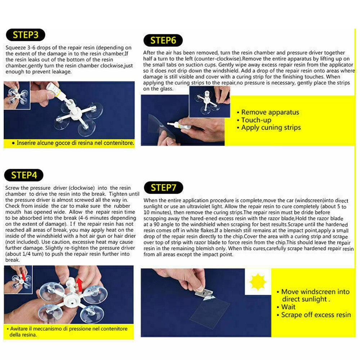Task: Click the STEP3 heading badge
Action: [25, 35]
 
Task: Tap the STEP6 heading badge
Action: [163, 40]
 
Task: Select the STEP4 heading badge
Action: [24, 175]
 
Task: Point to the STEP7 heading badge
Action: [163, 188]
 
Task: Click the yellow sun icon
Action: [258, 282]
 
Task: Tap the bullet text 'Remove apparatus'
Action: [270, 112]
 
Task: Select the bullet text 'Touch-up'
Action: [256, 120]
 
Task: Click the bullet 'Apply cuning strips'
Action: [271, 128]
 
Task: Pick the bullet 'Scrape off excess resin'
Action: [316, 315]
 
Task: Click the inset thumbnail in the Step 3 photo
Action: [17, 95]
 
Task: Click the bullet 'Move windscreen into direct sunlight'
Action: [315, 296]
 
